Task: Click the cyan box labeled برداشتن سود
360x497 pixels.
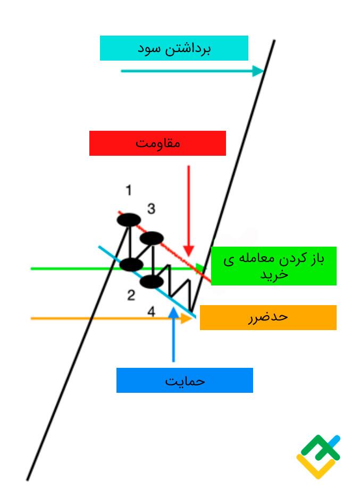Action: [174, 48]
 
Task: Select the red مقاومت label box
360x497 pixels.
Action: [157, 144]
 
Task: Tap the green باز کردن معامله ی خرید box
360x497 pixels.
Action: [273, 266]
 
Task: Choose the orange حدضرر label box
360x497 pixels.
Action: [268, 317]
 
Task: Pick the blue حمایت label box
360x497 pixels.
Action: [185, 381]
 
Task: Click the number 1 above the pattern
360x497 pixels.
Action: [129, 190]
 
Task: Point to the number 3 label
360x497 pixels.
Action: [152, 209]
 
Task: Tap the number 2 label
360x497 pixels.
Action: [131, 296]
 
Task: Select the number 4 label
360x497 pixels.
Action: [152, 312]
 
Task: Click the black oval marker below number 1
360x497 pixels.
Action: [129, 220]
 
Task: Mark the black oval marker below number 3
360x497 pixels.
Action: [152, 238]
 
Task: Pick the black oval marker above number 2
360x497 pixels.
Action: [131, 264]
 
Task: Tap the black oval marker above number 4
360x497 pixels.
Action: [152, 282]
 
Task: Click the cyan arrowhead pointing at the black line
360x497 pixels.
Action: [258, 71]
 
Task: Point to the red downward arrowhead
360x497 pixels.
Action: [189, 251]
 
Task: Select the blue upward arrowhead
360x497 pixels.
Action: [173, 312]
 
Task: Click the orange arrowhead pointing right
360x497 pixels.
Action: [187, 318]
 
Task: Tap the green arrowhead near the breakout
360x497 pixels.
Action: [200, 268]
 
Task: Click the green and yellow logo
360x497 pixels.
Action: [318, 457]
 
